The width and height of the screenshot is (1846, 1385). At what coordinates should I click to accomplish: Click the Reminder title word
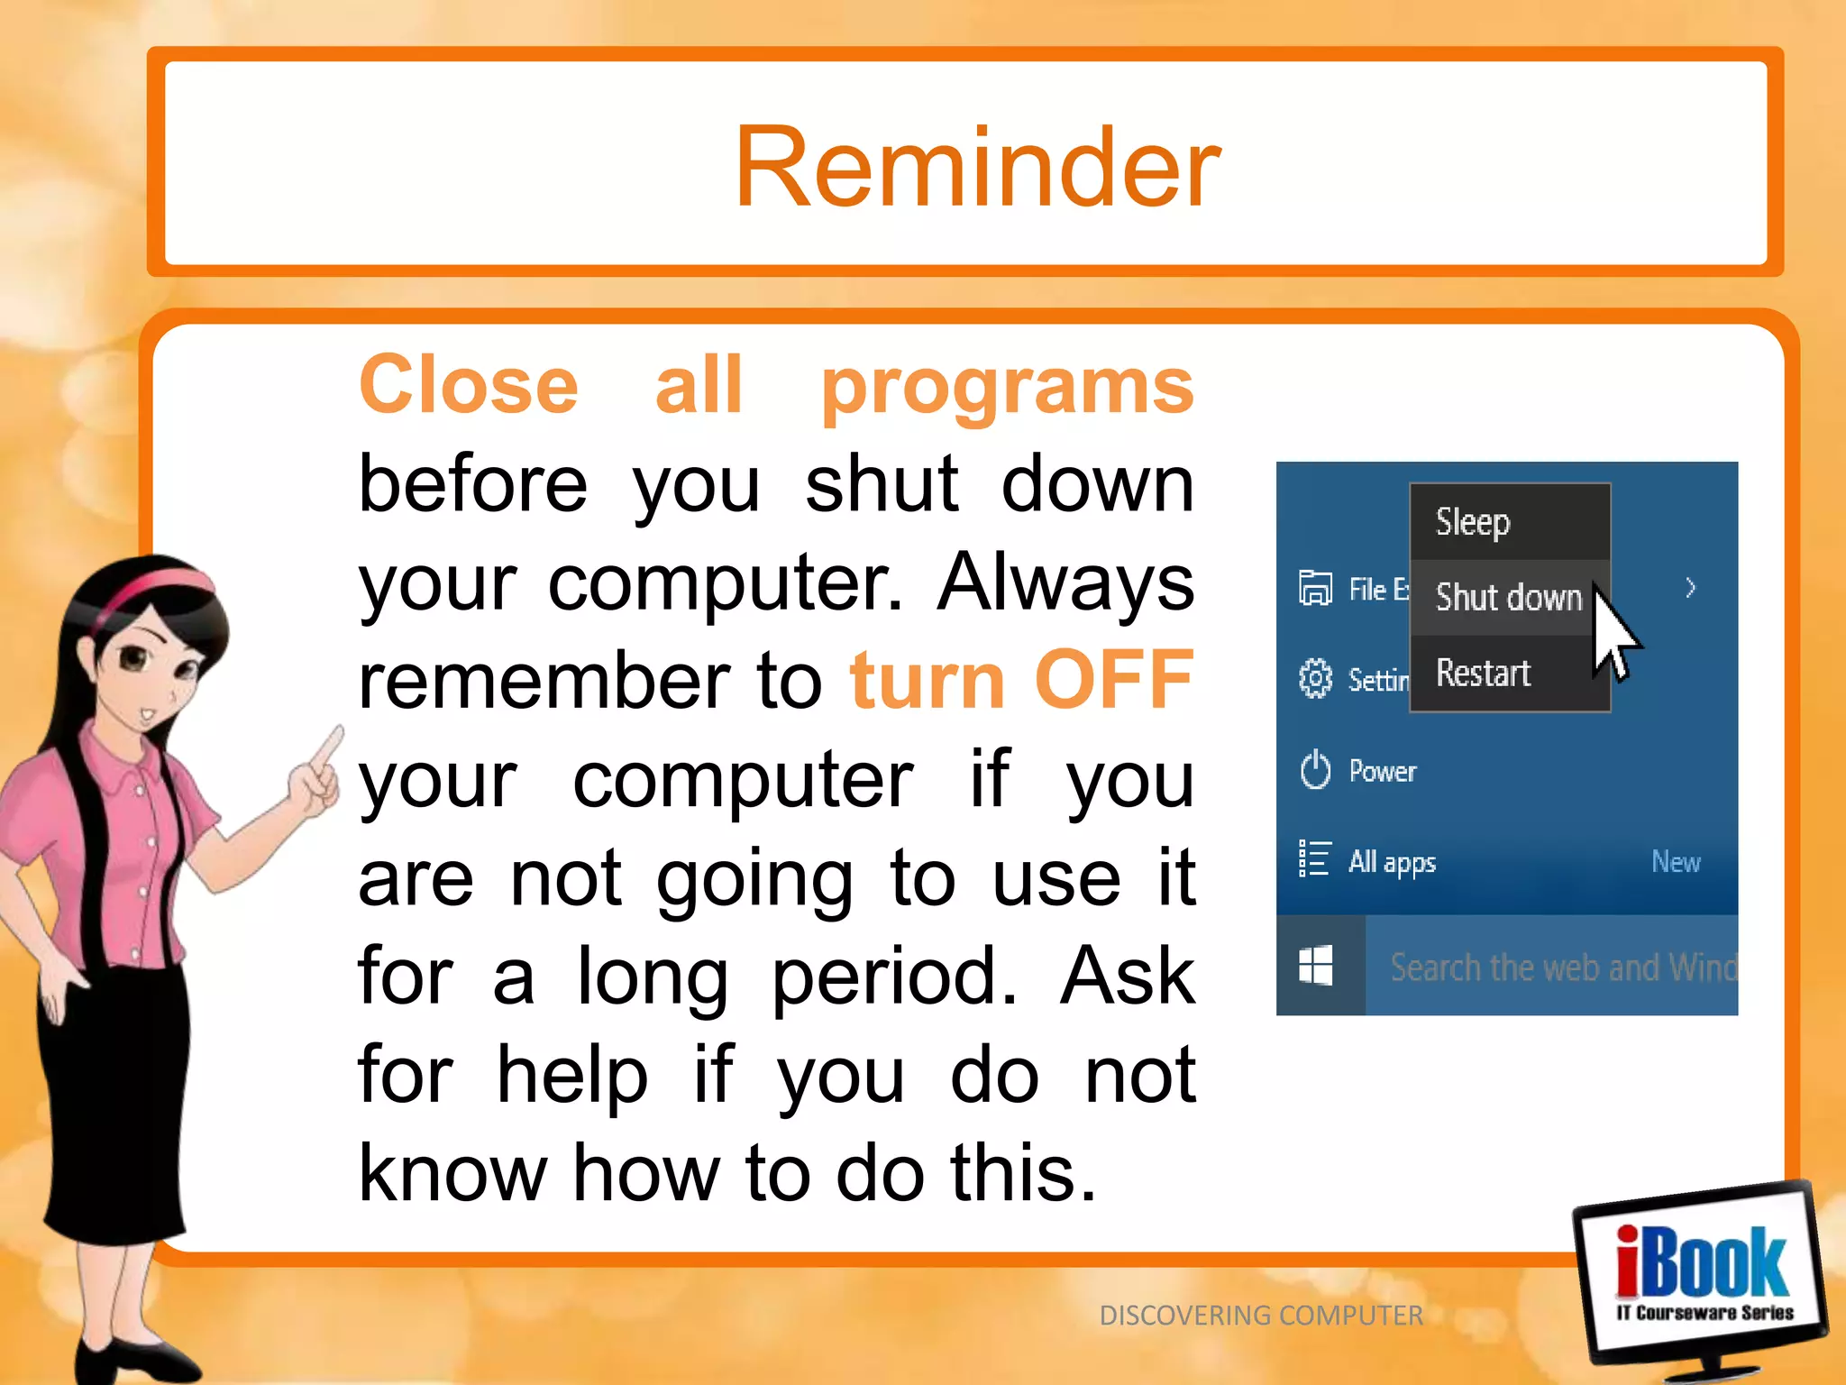[977, 168]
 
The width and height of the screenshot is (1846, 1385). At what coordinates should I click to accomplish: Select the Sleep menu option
[1472, 522]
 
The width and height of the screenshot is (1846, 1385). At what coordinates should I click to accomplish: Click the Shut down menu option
[1508, 598]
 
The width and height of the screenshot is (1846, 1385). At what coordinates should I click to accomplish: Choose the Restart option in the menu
[1483, 674]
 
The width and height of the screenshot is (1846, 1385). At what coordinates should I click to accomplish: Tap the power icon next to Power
[1315, 770]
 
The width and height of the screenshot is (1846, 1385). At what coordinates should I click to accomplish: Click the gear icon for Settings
[1315, 678]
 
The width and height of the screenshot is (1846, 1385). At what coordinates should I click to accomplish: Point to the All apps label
[1392, 862]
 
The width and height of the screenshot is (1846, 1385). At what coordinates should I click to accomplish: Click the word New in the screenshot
[1676, 862]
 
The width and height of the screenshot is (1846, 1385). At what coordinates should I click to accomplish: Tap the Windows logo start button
[1316, 966]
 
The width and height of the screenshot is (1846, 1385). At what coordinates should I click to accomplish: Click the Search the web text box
[1559, 968]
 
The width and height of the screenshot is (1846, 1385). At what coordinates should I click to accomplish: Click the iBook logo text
[1702, 1262]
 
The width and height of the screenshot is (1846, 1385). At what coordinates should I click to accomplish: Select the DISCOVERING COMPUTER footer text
[1260, 1316]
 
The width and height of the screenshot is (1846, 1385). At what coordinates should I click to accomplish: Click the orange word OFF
[1114, 680]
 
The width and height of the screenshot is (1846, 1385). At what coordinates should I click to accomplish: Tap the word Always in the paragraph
[1065, 582]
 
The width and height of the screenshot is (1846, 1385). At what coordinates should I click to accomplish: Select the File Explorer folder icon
[1315, 589]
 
